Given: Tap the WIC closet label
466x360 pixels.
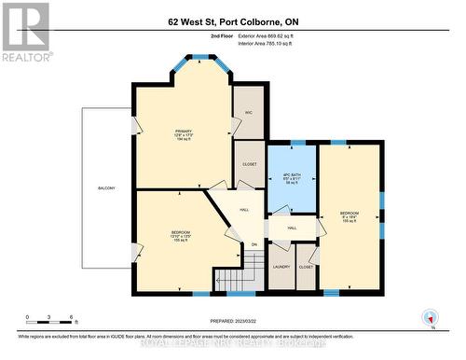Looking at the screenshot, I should pyautogui.click(x=249, y=113).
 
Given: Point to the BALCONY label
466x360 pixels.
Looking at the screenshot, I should pyautogui.click(x=106, y=188).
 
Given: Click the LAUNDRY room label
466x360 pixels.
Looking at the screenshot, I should pyautogui.click(x=281, y=267).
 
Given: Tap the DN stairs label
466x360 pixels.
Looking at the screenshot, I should pyautogui.click(x=252, y=244).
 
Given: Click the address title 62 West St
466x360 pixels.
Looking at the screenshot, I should pyautogui.click(x=234, y=21).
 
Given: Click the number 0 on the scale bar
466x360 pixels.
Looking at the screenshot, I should pyautogui.click(x=27, y=317).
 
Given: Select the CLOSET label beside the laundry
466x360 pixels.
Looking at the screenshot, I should pyautogui.click(x=307, y=267).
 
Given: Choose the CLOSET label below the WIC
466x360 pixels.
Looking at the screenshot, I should pyautogui.click(x=249, y=164).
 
